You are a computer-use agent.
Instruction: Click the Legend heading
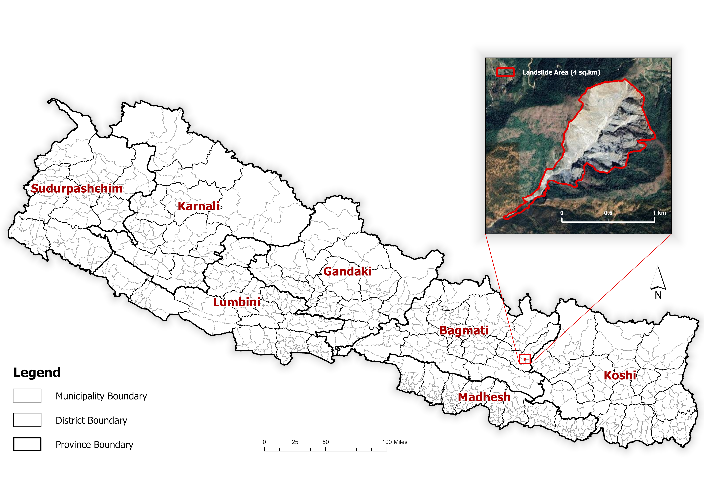(37, 373)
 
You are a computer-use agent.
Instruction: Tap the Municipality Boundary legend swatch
(27, 396)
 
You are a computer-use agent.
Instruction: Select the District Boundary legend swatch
(27, 420)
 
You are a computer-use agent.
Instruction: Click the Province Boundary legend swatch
(27, 444)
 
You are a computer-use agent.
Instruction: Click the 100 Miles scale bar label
(395, 442)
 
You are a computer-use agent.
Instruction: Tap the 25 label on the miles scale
(295, 442)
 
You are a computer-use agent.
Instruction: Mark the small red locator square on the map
(525, 359)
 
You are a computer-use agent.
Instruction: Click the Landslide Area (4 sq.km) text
(561, 72)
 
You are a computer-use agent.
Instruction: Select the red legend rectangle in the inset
(505, 72)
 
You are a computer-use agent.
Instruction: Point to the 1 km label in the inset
(659, 213)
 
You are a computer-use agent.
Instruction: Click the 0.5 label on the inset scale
(608, 213)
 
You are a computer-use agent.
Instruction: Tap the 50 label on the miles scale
(326, 442)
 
